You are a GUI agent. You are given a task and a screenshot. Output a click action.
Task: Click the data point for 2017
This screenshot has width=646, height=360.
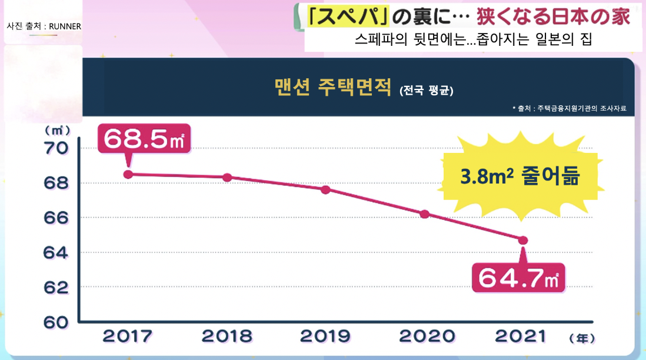pos(128,174)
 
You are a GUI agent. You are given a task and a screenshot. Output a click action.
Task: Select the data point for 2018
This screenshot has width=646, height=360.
pos(227,177)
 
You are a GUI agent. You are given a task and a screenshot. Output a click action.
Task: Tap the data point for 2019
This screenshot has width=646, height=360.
pos(325,189)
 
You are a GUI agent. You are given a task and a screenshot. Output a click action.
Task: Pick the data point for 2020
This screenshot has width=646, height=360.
pos(424,214)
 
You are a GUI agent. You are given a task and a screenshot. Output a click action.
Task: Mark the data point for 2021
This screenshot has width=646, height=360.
pos(523,240)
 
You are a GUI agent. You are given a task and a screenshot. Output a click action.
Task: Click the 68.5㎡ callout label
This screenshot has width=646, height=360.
pos(144,139)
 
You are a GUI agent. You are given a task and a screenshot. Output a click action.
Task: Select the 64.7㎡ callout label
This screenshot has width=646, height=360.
pos(518,277)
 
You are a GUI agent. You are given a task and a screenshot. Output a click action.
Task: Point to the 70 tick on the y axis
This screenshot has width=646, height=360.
pos(56,148)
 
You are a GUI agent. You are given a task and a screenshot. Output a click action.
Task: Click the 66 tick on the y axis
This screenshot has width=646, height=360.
pos(56,218)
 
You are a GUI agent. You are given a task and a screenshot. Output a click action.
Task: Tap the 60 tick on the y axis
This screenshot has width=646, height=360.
pos(56,322)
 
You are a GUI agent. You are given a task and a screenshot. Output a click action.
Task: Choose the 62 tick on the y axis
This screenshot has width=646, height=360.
pos(56,288)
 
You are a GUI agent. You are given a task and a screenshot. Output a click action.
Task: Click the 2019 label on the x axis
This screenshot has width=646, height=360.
pos(325,336)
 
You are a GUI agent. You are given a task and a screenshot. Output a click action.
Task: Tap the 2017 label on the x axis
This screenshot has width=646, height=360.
pos(128,336)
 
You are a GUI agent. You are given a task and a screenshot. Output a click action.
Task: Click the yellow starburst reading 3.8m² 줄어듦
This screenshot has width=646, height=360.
pos(520,176)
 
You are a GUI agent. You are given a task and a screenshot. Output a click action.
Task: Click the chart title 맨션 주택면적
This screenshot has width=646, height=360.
pos(332,88)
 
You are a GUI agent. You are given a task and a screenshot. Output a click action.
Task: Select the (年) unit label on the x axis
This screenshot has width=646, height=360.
pos(582,338)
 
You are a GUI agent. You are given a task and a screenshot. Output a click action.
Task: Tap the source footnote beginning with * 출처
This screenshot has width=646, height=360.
pos(568,108)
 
